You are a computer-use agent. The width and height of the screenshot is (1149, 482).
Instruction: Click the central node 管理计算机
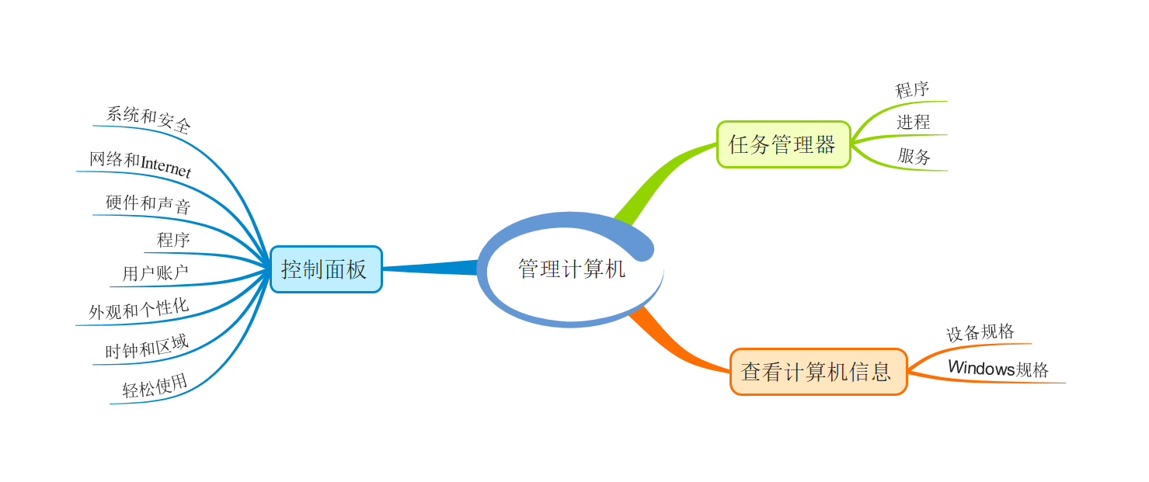pyautogui.click(x=571, y=269)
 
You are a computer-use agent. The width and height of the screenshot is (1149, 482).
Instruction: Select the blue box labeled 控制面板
pyautogui.click(x=326, y=269)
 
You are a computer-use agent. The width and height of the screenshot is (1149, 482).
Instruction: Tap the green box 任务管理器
pyautogui.click(x=782, y=144)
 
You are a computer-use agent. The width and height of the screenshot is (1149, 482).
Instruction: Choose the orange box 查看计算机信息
pyautogui.click(x=817, y=372)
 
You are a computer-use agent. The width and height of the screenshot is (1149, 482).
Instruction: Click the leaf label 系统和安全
pyautogui.click(x=148, y=120)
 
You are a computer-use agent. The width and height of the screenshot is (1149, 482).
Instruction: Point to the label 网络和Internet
pyautogui.click(x=140, y=164)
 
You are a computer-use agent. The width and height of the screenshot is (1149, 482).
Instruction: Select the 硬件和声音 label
pyautogui.click(x=148, y=205)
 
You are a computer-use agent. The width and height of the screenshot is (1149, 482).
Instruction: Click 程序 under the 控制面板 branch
pyautogui.click(x=173, y=240)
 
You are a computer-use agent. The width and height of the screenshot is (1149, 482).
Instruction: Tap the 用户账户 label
pyautogui.click(x=155, y=273)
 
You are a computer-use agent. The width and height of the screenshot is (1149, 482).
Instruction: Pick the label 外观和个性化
pyautogui.click(x=138, y=309)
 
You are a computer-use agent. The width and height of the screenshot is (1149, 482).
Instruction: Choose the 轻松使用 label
pyautogui.click(x=155, y=386)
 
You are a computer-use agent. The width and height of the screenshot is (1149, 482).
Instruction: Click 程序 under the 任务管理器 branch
pyautogui.click(x=912, y=90)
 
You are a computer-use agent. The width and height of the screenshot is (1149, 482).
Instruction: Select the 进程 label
pyautogui.click(x=913, y=123)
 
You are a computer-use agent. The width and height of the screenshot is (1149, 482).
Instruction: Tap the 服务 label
pyautogui.click(x=914, y=156)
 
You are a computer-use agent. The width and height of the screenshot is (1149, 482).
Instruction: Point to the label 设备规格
pyautogui.click(x=980, y=333)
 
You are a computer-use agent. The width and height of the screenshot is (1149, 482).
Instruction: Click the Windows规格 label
pyautogui.click(x=998, y=369)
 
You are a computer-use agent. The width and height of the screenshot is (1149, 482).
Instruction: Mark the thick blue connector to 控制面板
pyautogui.click(x=431, y=268)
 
